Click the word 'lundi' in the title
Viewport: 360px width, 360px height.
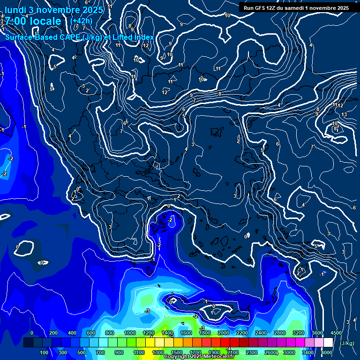(15, 10)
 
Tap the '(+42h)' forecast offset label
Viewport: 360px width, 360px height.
(81, 21)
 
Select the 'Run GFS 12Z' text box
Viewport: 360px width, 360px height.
(296, 7)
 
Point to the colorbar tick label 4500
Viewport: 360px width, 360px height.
(336, 333)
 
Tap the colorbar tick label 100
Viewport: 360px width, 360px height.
(44, 352)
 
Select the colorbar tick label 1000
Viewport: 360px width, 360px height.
(130, 333)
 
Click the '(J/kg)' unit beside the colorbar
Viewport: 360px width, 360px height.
(346, 344)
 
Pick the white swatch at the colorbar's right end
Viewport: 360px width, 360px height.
(328, 343)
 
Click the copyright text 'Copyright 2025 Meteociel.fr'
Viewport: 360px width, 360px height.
(199, 357)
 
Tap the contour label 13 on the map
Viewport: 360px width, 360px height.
(344, 114)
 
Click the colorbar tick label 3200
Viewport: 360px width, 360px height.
(299, 333)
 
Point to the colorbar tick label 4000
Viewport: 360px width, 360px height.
(327, 352)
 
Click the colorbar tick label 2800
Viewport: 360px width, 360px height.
(280, 333)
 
